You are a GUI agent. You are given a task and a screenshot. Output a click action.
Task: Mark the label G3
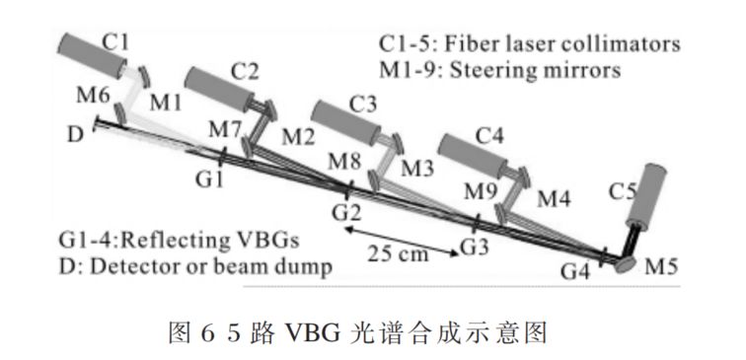coord(474,244)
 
